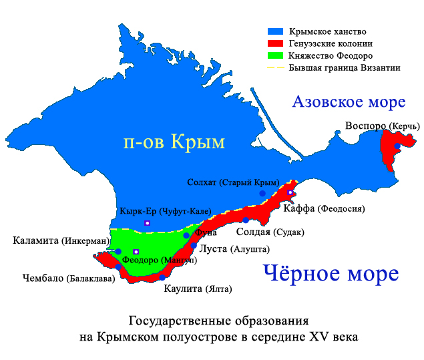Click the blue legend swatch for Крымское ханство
(276, 32)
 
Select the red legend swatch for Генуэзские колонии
(276, 44)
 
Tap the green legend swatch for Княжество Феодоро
(276, 56)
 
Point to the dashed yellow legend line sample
(276, 68)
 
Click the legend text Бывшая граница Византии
(345, 68)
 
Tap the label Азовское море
(349, 102)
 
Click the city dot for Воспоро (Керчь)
(397, 146)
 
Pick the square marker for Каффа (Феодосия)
(290, 192)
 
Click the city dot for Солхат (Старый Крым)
(263, 194)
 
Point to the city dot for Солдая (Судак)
(246, 220)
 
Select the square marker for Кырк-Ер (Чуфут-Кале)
(148, 222)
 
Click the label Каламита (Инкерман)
(61, 240)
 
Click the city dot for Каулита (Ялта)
(162, 277)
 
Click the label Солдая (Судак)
(270, 232)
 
